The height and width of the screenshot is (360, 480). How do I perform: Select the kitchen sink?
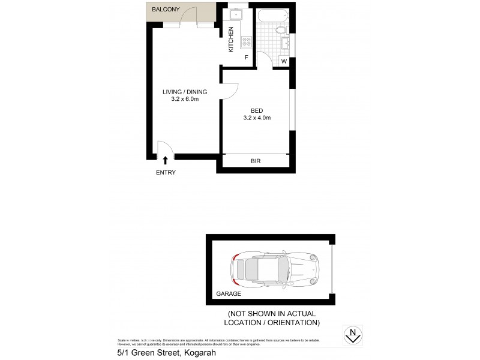tap(233, 16)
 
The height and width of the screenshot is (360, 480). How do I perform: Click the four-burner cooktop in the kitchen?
tap(245, 41)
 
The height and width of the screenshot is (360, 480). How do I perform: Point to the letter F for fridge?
tap(246, 58)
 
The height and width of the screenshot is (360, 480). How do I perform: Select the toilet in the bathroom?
tap(280, 31)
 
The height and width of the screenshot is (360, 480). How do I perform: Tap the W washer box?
tap(284, 61)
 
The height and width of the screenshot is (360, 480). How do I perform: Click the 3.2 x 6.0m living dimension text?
tap(184, 100)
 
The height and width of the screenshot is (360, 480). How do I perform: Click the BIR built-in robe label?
tap(255, 161)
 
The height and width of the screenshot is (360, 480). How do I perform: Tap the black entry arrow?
tap(166, 159)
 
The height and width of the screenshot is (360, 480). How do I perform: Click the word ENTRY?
tap(166, 173)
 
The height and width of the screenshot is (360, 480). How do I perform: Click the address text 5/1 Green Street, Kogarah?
tap(166, 353)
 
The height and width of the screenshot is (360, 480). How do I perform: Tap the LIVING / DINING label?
tap(185, 92)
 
